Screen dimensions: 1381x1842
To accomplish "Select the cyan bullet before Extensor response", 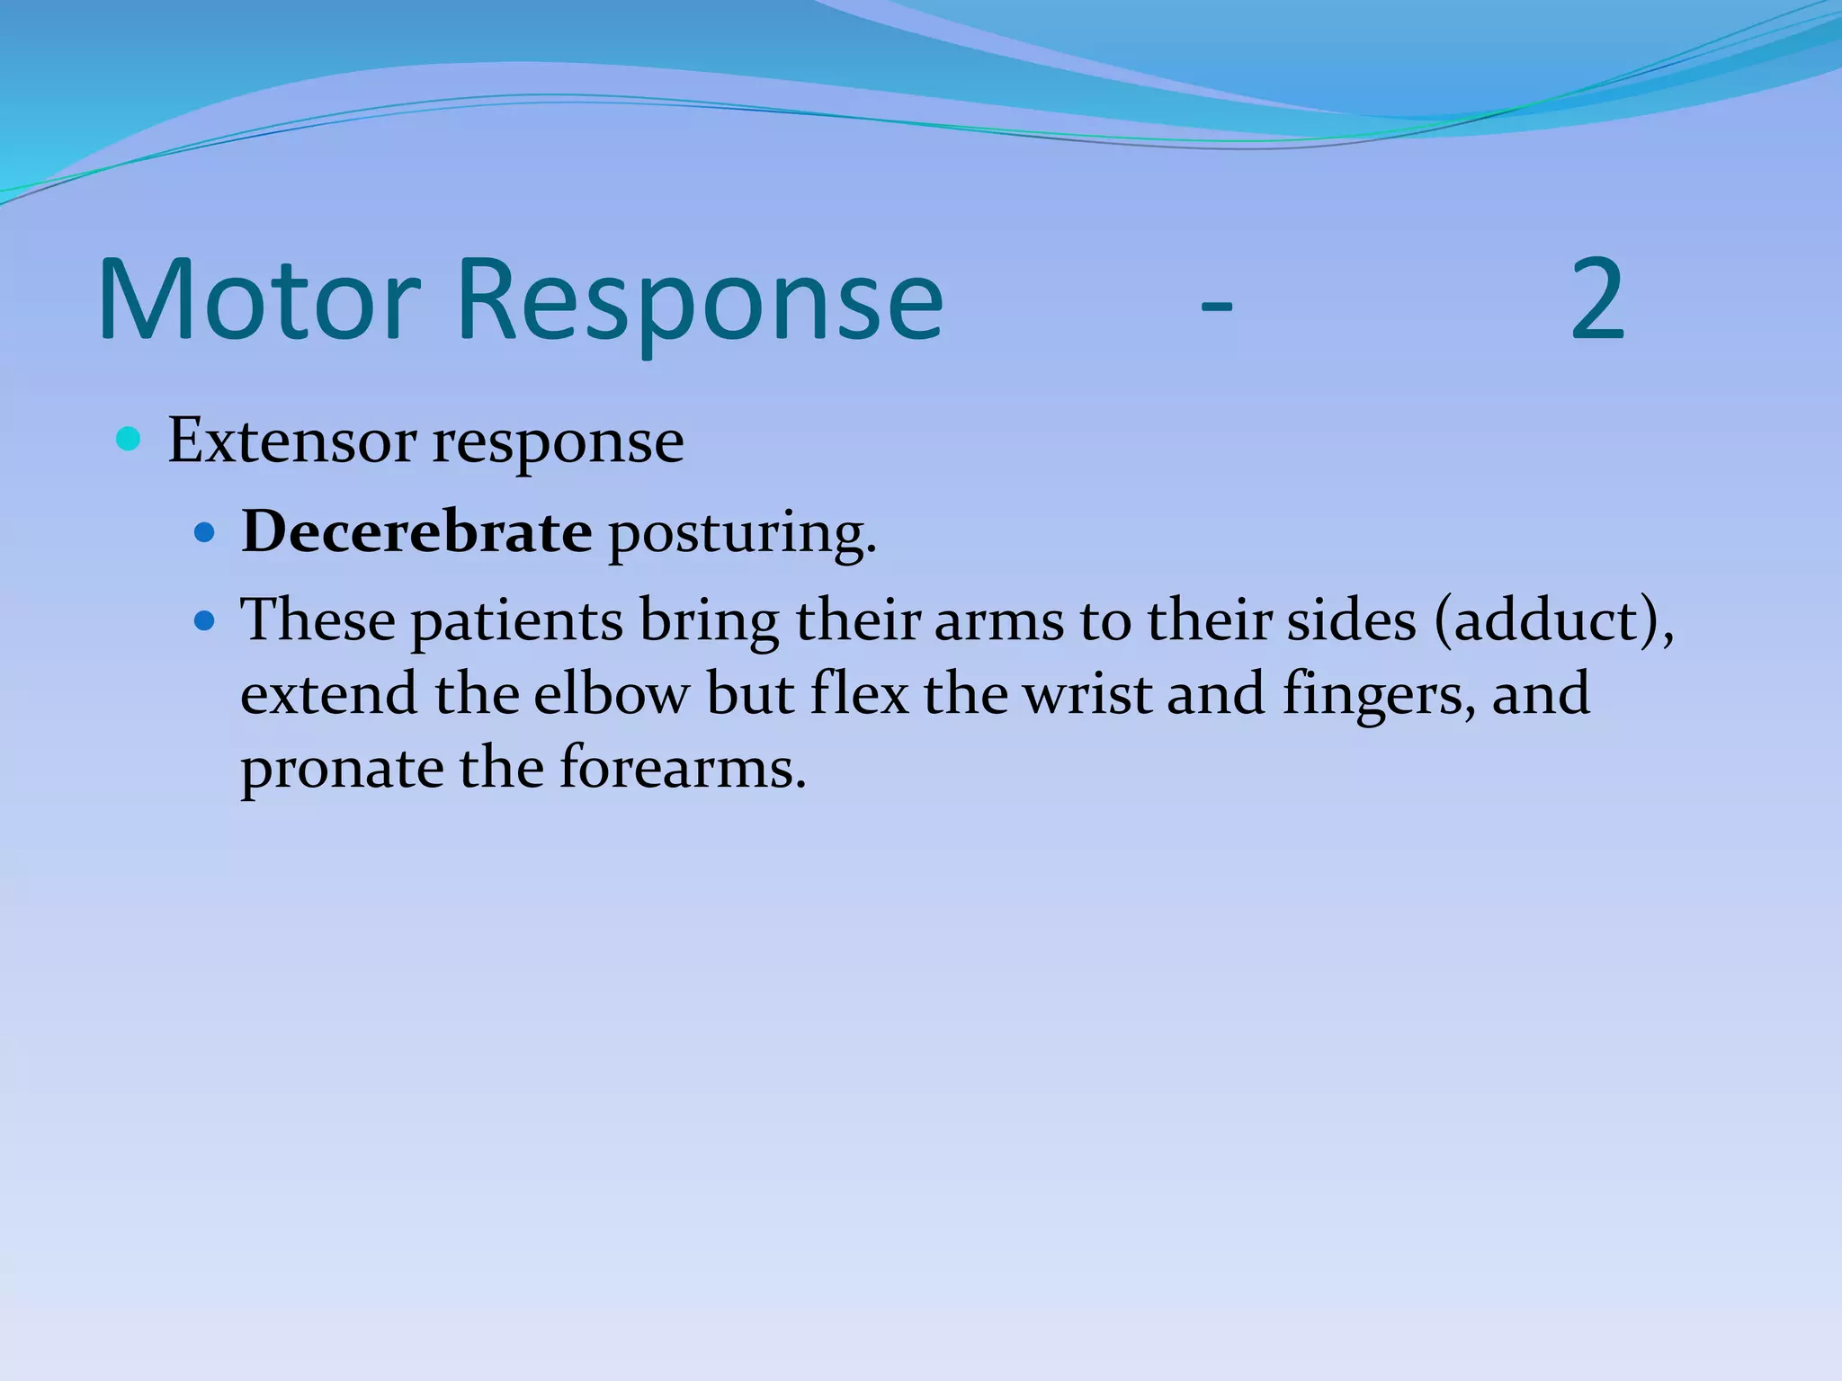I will (x=129, y=440).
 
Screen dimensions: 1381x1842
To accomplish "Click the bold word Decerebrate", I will (x=416, y=532).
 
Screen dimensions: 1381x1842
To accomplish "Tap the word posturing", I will (x=742, y=535).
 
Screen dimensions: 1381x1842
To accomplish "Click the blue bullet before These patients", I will (x=205, y=620).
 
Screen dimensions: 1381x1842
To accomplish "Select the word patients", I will (x=517, y=622).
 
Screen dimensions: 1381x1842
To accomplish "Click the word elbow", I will (x=612, y=695).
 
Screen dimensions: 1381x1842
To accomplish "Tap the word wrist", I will (x=1088, y=695).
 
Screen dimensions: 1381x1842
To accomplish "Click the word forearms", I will (x=682, y=770).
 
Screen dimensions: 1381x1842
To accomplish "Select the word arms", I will (x=999, y=622).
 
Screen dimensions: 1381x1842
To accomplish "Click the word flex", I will (x=859, y=695).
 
